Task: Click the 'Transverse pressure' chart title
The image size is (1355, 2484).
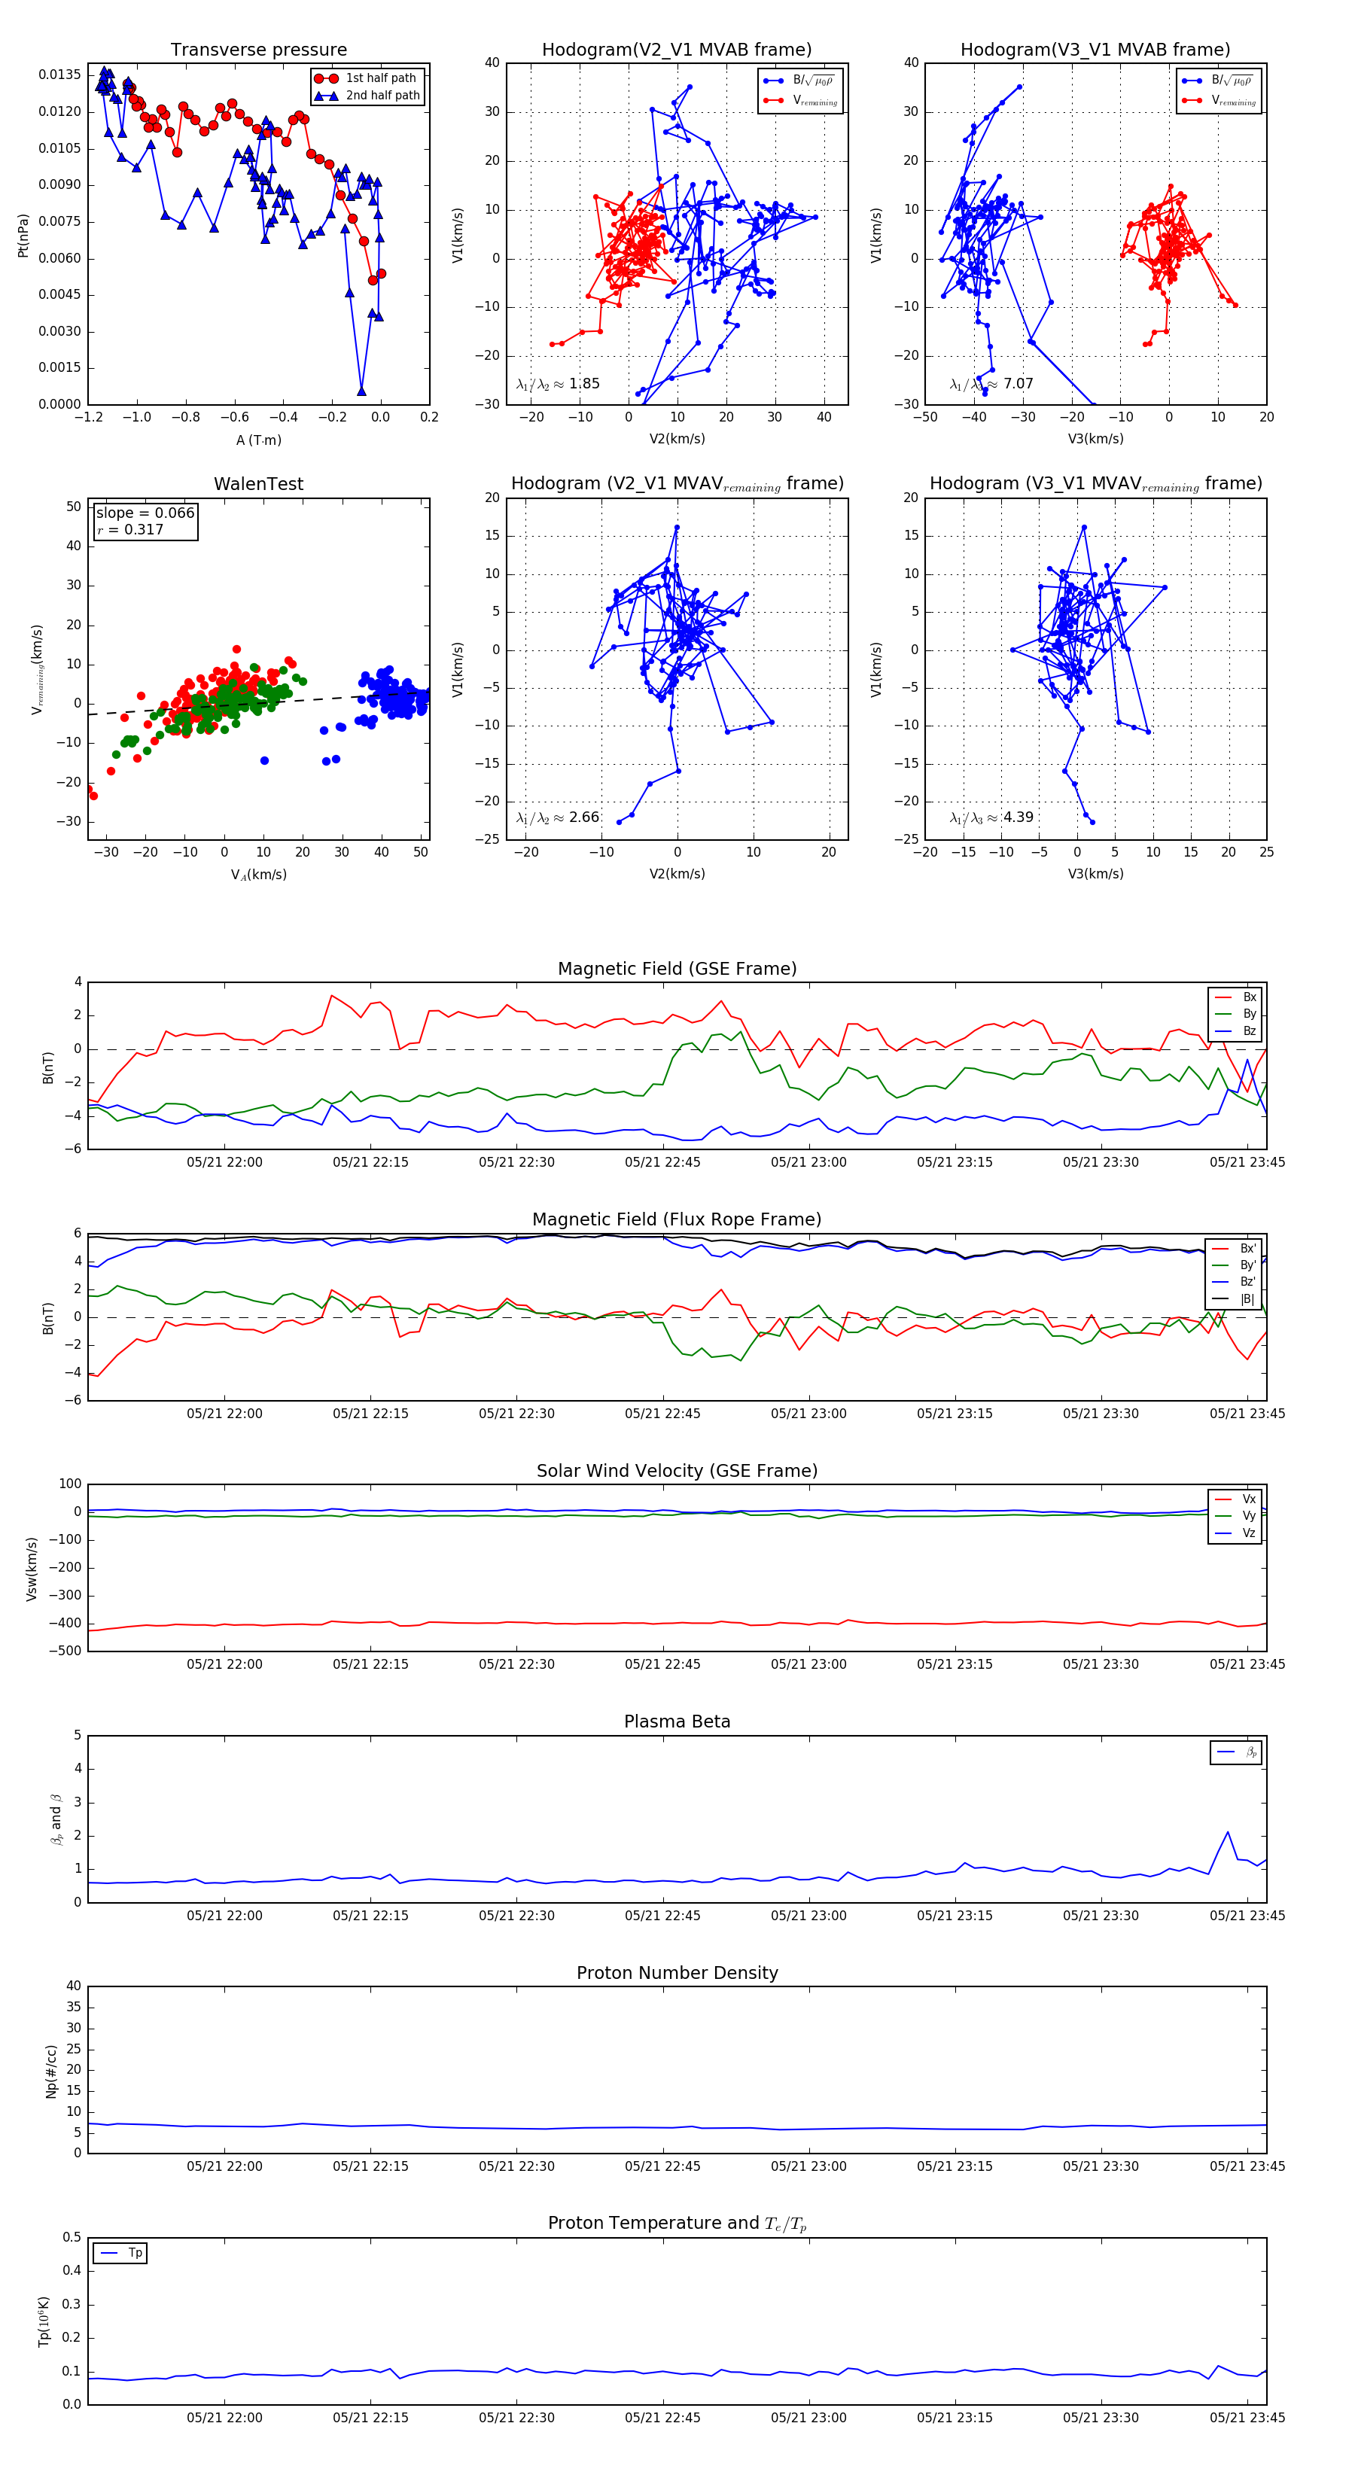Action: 258,50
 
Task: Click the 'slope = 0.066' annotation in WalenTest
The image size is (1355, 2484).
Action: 145,513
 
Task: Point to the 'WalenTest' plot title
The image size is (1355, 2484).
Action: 258,484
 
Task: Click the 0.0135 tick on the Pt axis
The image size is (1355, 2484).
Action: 59,75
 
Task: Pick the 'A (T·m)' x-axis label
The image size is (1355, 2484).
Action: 258,440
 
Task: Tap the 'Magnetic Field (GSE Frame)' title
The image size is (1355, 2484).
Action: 677,969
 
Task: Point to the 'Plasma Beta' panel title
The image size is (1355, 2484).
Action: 677,1722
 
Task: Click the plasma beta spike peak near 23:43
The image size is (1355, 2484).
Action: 1228,1832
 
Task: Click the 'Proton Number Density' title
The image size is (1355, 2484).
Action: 677,1973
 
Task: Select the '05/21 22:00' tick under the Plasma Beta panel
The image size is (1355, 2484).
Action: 225,1916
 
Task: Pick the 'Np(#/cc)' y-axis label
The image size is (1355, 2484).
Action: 51,2072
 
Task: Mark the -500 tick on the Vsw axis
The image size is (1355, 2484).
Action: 65,1651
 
